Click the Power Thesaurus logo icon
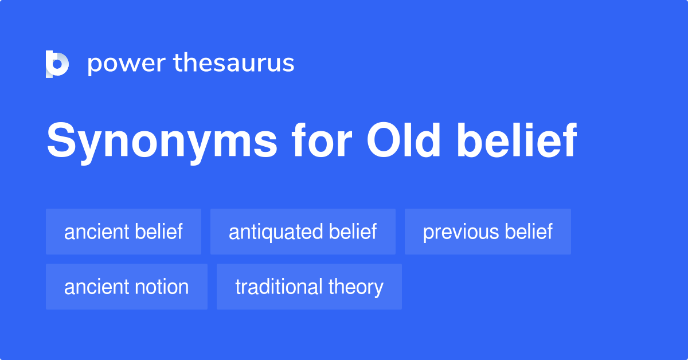57,64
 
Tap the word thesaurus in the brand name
234,63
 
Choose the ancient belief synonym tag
123,232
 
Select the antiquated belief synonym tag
303,232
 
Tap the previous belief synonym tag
488,232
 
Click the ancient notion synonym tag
127,287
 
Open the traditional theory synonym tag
309,287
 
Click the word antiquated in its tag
276,232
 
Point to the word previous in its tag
461,232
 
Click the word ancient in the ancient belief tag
96,232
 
